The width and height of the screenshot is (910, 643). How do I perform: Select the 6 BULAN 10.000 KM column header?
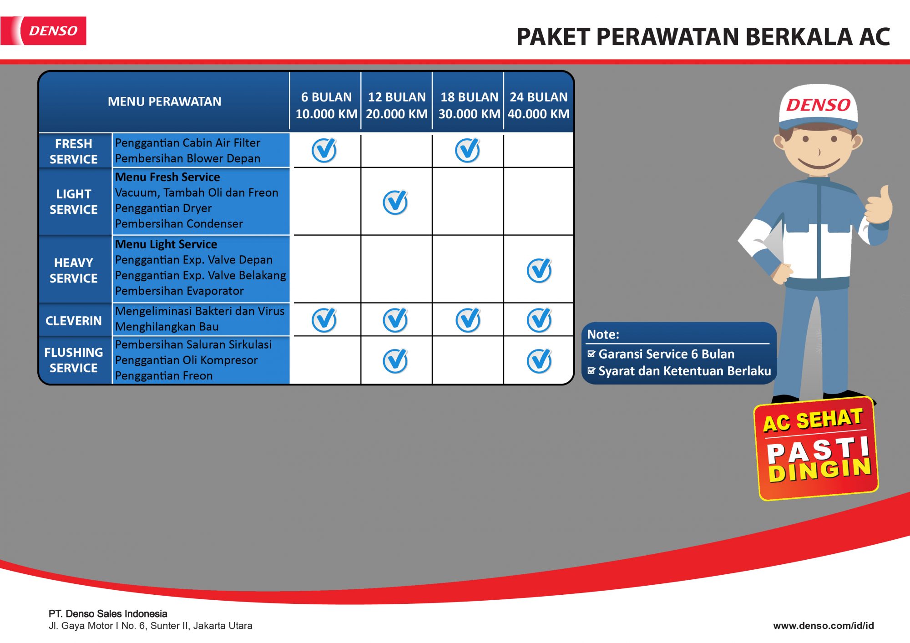tap(326, 105)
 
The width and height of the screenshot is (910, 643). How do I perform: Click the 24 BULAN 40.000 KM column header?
tap(539, 105)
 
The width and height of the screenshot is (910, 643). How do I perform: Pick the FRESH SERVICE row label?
tap(73, 151)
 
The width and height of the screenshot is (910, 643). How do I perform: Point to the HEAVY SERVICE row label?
tap(73, 270)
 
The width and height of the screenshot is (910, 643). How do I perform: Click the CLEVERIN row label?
tap(73, 321)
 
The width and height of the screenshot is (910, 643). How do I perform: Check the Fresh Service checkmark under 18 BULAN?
tap(468, 150)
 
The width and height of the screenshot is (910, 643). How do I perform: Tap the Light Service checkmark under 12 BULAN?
tap(395, 202)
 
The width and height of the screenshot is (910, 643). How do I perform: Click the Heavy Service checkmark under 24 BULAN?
tap(540, 270)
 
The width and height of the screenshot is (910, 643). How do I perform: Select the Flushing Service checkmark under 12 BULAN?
tap(395, 361)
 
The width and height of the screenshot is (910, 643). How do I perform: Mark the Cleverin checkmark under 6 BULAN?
tap(324, 320)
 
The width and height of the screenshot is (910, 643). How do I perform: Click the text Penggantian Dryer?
tap(163, 208)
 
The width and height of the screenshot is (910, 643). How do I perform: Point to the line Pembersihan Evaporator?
tap(179, 291)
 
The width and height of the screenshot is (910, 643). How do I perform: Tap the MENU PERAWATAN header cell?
tap(164, 101)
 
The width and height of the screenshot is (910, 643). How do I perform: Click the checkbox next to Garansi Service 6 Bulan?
tap(591, 354)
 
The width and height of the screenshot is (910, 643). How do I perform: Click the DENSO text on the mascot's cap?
tap(818, 105)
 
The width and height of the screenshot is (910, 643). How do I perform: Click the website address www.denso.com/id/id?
tap(824, 626)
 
